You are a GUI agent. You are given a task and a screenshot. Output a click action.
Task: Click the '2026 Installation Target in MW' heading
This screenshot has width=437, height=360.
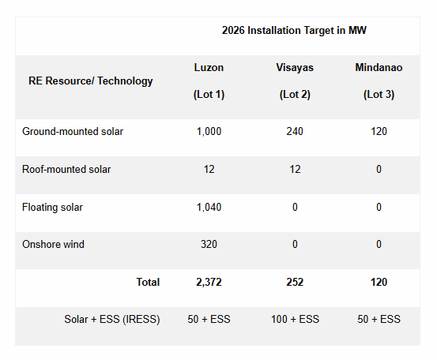(294, 31)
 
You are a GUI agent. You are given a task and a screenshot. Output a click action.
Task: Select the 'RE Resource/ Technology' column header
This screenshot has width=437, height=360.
(91, 81)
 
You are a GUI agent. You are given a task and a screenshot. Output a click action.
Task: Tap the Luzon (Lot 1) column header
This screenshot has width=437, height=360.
(209, 81)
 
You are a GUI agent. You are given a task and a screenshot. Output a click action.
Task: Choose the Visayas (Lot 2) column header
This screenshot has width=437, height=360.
(295, 81)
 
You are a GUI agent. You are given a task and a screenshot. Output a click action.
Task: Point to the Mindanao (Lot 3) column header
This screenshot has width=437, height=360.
(379, 81)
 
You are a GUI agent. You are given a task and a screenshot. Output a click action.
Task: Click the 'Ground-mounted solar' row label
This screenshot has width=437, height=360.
(73, 131)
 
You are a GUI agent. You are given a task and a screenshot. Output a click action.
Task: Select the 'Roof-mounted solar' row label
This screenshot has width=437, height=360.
(66, 169)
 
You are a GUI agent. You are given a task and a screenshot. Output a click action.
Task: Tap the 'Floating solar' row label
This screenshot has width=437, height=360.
(52, 207)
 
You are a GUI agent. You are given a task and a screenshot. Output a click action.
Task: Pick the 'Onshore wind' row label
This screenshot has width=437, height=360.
(53, 245)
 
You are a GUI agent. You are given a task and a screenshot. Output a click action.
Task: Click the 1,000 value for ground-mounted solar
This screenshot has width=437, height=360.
(209, 131)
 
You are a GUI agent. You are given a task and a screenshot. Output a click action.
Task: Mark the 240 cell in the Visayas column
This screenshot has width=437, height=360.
(295, 131)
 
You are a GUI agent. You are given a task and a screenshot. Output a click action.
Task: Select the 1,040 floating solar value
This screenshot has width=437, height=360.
(209, 207)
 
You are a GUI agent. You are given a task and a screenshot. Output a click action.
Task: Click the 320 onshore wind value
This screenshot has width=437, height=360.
(209, 245)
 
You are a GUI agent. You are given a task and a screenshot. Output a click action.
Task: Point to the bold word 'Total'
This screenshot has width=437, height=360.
(148, 282)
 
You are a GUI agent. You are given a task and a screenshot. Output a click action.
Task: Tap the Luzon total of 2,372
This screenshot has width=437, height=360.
(209, 282)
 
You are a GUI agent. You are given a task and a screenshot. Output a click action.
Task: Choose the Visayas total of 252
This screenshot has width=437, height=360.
(295, 282)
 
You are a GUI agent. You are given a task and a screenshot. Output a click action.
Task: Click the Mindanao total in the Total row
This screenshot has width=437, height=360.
(379, 282)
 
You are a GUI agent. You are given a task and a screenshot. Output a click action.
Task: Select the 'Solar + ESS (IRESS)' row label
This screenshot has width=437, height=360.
(112, 320)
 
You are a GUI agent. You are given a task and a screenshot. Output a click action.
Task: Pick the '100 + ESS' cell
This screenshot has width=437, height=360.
(295, 320)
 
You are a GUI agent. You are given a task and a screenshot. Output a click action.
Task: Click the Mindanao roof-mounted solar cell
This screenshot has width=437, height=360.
(379, 169)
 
